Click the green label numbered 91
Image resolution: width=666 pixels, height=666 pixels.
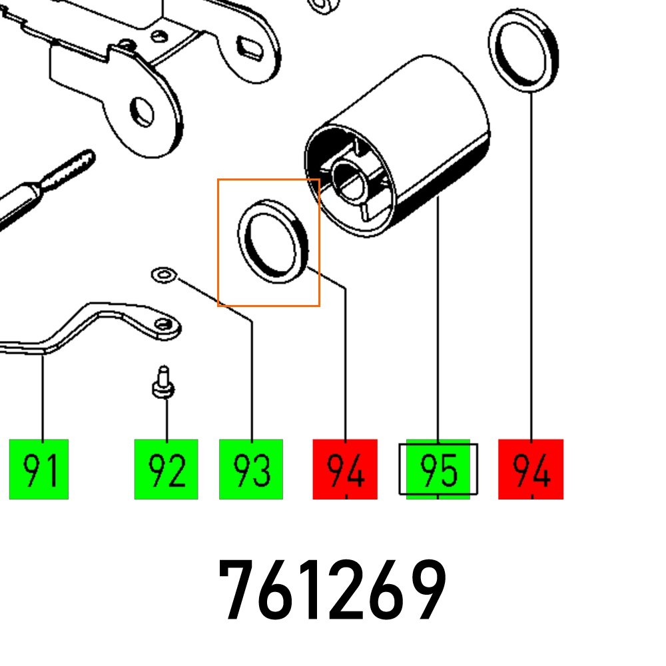39,469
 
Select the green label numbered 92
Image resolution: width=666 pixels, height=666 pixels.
166,469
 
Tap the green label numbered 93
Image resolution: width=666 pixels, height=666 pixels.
251,469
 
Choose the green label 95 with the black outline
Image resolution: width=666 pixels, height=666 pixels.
438,469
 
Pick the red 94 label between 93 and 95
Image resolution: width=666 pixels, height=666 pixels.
345,469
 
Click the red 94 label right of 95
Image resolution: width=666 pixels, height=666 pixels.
531,469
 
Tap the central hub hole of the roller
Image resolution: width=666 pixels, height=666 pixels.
350,182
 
